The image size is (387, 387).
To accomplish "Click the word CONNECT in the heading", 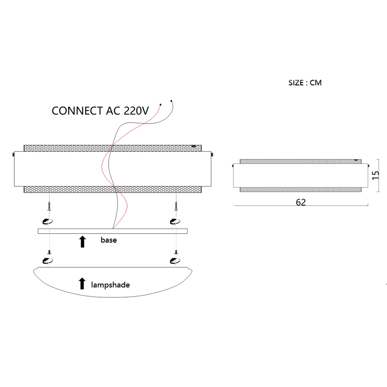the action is [x=77, y=111].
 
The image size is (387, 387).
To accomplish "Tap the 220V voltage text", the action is [x=136, y=111].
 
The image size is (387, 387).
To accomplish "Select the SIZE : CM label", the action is [x=305, y=83].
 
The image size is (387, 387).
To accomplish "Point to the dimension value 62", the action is [x=301, y=202].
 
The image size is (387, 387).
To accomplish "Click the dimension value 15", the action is [x=375, y=175].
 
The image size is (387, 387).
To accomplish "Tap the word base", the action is [x=108, y=240].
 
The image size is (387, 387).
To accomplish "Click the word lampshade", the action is [x=110, y=285].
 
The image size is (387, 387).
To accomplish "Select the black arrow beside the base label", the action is [x=83, y=241].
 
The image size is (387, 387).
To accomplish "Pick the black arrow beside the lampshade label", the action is [x=82, y=283].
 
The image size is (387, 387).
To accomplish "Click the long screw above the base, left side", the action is [x=49, y=206].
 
